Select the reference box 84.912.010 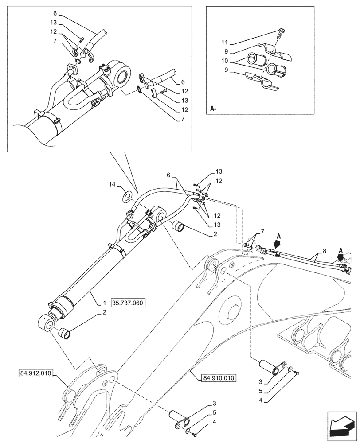tap(36, 373)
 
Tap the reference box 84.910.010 tap(219, 378)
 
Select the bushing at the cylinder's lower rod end tap(64, 330)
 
